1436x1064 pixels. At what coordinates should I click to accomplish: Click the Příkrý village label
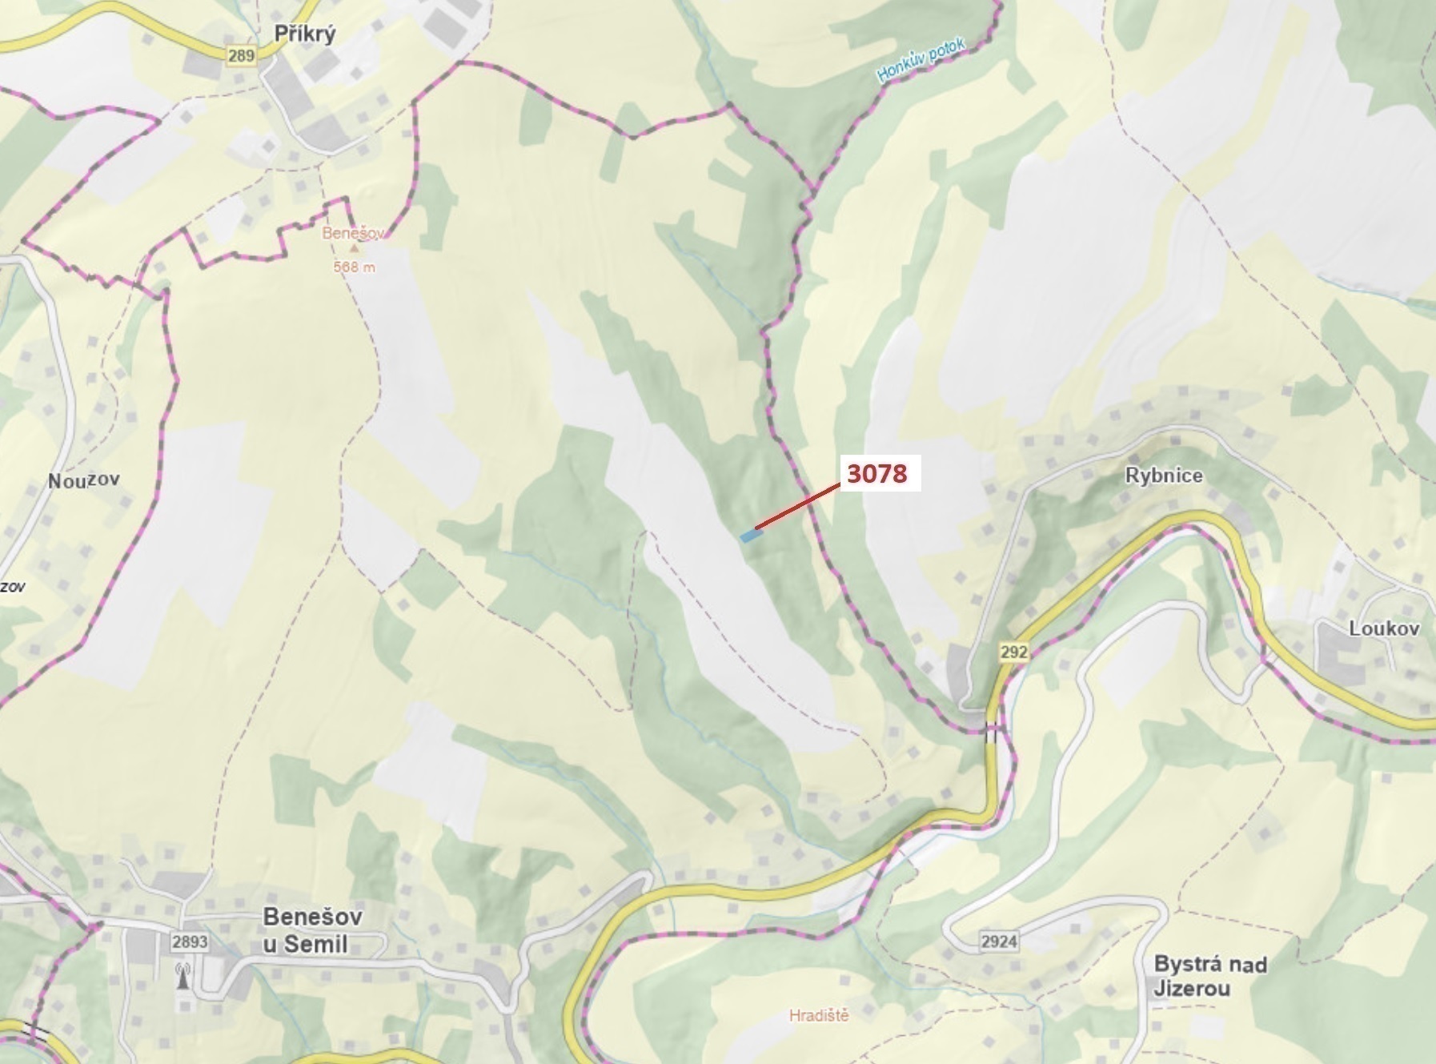tap(304, 34)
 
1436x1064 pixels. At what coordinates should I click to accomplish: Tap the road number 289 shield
tap(241, 55)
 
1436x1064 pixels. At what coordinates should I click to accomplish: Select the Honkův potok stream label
tap(921, 60)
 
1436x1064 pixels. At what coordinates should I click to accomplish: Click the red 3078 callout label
tap(876, 473)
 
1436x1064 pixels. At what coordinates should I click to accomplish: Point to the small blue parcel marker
tap(750, 536)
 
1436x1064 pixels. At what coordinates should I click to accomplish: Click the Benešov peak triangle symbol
tap(354, 249)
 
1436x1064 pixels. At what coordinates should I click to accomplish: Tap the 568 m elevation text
tap(354, 267)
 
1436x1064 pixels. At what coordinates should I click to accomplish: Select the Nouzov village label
tap(84, 480)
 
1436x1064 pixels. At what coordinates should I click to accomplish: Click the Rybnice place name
tap(1163, 476)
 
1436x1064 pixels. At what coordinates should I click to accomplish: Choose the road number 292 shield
tap(1013, 652)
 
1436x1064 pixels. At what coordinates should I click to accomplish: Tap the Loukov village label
tap(1384, 628)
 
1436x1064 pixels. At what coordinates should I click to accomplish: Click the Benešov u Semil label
tap(312, 930)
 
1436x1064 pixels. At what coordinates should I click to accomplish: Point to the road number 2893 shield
tap(189, 942)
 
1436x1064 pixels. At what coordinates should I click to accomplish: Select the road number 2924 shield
tap(999, 941)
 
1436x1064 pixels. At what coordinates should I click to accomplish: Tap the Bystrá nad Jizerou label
tap(1209, 976)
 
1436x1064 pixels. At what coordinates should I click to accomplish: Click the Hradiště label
tap(818, 1016)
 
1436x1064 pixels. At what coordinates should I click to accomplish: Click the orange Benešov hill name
tap(353, 233)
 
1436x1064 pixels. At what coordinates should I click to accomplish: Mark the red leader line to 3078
tap(797, 507)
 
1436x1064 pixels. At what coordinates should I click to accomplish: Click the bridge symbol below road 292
tap(993, 733)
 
